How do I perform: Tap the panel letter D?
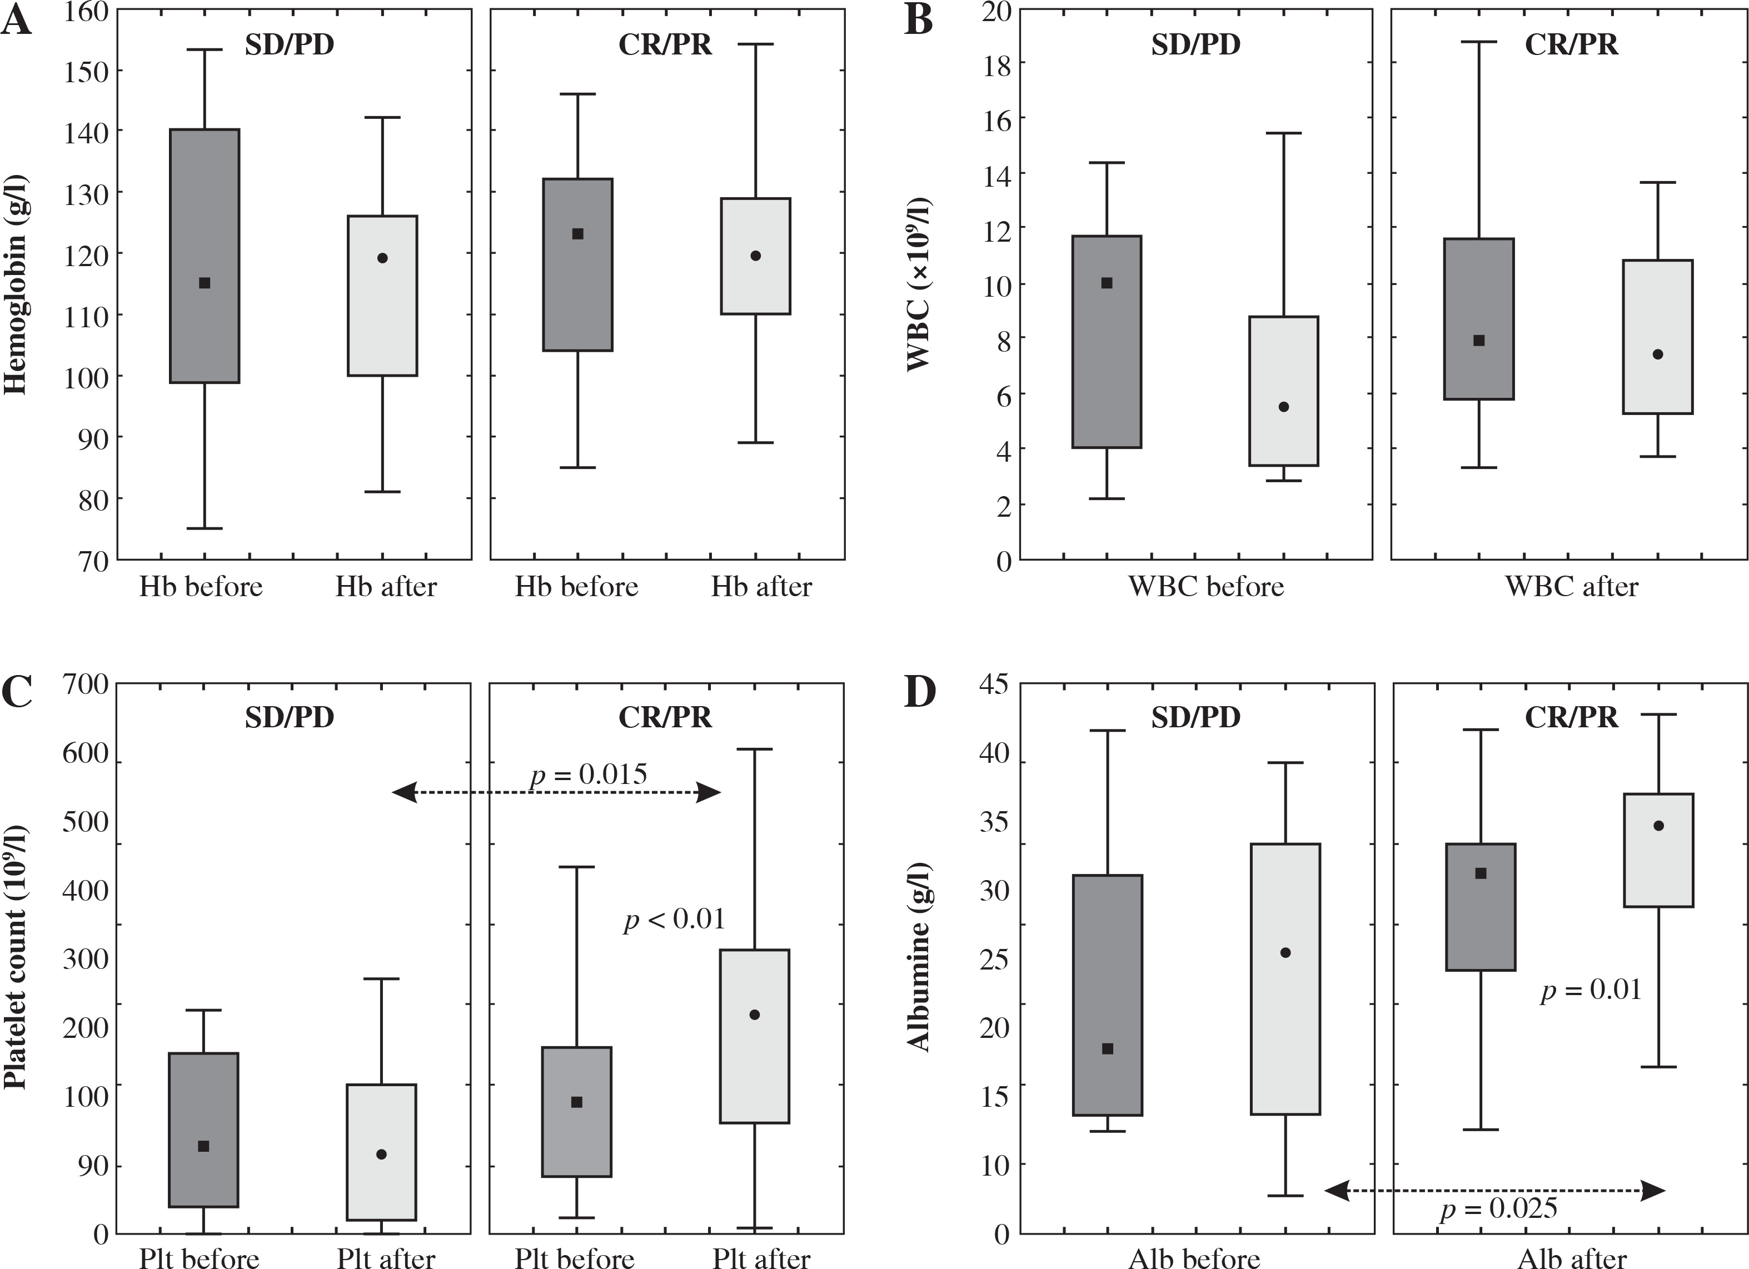point(920,692)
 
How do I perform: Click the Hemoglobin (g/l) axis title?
point(16,285)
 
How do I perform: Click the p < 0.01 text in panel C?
point(674,919)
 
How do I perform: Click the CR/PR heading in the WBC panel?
point(1571,44)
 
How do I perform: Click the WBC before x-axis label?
point(1206,587)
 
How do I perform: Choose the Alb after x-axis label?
point(1572,1258)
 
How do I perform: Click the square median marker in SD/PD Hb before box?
point(205,283)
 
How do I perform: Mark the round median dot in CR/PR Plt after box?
point(754,1015)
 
